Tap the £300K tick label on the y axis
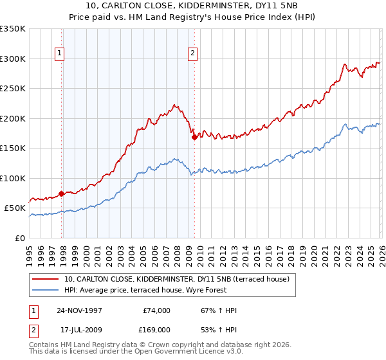[13, 59]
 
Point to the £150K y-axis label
[13, 148]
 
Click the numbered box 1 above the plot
[59, 54]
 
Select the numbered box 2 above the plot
[192, 54]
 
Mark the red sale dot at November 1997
[62, 194]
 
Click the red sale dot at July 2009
[194, 137]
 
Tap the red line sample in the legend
[46, 279]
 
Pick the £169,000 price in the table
[156, 329]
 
